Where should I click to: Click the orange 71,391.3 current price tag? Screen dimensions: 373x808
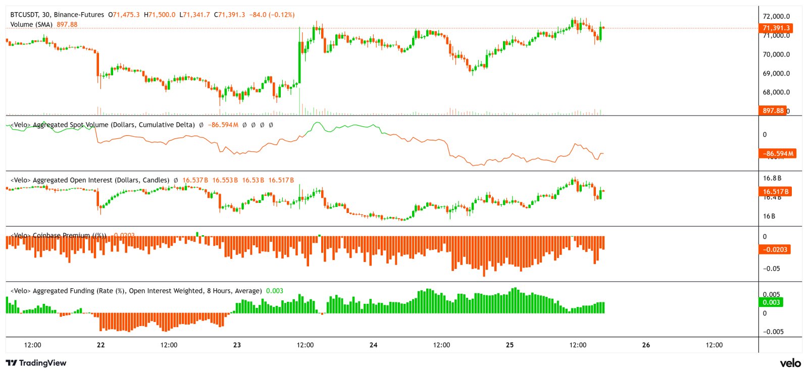tap(776, 28)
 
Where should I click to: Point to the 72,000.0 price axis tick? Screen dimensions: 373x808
tap(776, 16)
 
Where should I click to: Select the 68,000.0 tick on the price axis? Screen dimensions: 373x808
tap(776, 92)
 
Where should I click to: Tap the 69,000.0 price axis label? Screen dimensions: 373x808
tap(776, 73)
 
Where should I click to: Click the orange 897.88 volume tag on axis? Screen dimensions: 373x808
tap(773, 111)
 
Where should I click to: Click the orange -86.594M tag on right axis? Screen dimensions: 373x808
tap(778, 153)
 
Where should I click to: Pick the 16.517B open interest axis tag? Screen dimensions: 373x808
tap(776, 191)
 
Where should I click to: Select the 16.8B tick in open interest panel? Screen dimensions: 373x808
tap(772, 178)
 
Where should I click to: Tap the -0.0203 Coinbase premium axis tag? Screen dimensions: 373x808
tap(775, 249)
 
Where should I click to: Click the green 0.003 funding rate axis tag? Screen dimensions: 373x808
tap(771, 302)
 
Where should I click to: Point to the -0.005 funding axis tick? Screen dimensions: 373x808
tap(773, 332)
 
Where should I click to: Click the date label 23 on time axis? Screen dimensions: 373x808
tap(237, 345)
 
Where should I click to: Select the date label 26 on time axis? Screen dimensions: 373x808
tap(646, 345)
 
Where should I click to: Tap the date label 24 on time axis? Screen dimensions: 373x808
tap(373, 345)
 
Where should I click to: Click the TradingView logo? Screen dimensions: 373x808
tap(36, 363)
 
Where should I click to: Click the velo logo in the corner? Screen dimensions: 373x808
tap(790, 363)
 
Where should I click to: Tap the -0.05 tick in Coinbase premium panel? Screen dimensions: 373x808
tap(772, 269)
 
